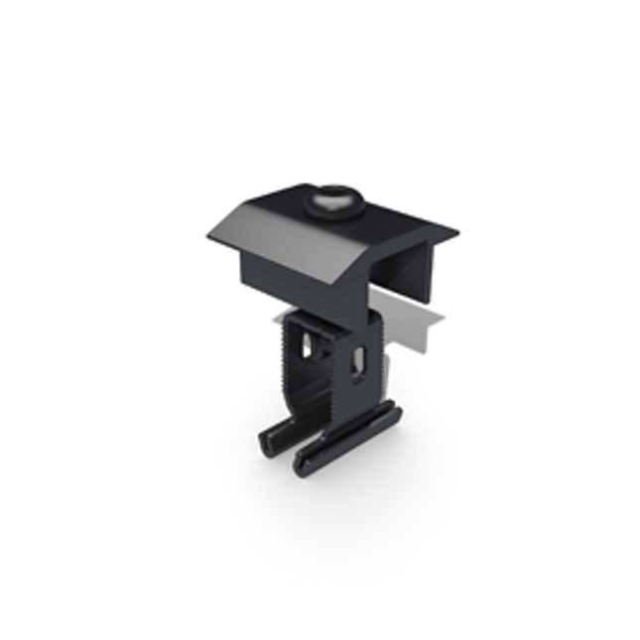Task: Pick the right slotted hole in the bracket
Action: click(x=359, y=362)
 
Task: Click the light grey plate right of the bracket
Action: click(x=413, y=327)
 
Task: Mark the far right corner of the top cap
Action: click(x=457, y=236)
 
